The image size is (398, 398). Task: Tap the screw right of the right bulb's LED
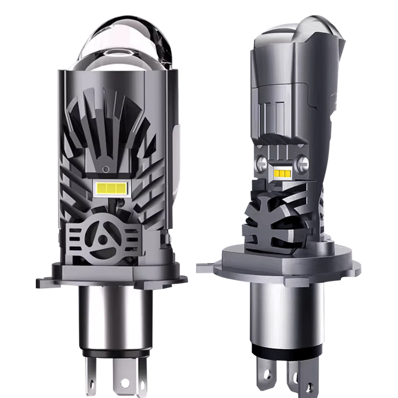(x=302, y=163)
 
